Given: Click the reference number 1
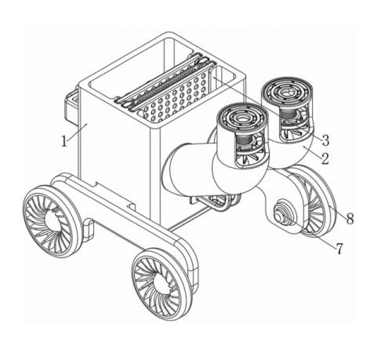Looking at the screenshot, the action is coord(64,141).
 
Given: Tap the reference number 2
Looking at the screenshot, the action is coord(325,158).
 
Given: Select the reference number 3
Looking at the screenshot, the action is coord(325,140).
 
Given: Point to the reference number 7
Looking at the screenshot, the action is coord(339,249).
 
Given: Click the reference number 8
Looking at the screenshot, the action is coord(350,218).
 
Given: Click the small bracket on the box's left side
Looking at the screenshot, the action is coord(71,107).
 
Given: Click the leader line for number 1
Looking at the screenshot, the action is coord(77,133).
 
